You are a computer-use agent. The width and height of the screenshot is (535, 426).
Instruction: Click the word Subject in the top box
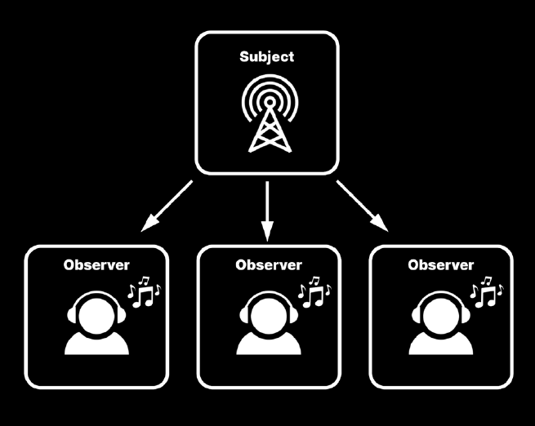click(x=266, y=57)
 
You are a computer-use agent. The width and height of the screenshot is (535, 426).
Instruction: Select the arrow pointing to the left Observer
click(x=167, y=206)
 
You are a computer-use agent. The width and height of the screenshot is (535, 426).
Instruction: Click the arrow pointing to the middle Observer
click(x=267, y=211)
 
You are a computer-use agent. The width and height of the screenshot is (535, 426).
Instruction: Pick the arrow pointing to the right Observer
click(x=360, y=204)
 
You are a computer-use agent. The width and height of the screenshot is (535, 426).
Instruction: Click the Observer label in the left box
click(x=96, y=265)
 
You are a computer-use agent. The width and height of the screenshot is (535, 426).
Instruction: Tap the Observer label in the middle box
click(x=268, y=265)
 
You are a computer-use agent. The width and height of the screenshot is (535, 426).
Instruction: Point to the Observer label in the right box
click(x=439, y=265)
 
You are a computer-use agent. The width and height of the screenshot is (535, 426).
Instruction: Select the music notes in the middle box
click(x=314, y=291)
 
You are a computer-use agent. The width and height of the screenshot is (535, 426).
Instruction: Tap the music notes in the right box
click(x=488, y=291)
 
